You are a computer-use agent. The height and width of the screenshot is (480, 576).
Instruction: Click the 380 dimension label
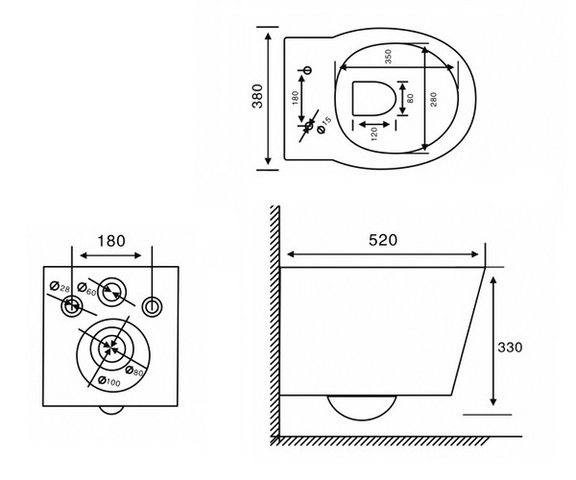pyautogui.click(x=257, y=96)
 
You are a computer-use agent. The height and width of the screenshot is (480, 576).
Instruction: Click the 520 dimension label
pyautogui.click(x=383, y=240)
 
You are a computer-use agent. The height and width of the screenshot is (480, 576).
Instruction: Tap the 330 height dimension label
pyautogui.click(x=510, y=348)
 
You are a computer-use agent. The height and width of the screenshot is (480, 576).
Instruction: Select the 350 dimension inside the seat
pyautogui.click(x=388, y=57)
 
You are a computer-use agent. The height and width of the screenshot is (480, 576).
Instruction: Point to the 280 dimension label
pyautogui.click(x=434, y=100)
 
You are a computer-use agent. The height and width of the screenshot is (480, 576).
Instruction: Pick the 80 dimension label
pyautogui.click(x=410, y=99)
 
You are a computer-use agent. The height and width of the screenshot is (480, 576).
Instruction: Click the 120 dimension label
pyautogui.click(x=374, y=134)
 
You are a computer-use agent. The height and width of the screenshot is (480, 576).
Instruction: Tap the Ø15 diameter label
pyautogui.click(x=324, y=125)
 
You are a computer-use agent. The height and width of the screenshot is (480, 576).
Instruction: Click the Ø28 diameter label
pyautogui.click(x=60, y=286)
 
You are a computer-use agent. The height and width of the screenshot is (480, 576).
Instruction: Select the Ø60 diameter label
pyautogui.click(x=86, y=288)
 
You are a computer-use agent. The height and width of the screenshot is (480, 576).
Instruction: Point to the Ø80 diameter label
pyautogui.click(x=134, y=372)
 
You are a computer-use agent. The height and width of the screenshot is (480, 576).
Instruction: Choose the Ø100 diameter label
pyautogui.click(x=109, y=381)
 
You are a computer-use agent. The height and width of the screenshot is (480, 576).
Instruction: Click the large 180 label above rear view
pyautogui.click(x=111, y=241)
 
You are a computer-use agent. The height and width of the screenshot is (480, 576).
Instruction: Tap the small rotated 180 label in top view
pyautogui.click(x=295, y=98)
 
